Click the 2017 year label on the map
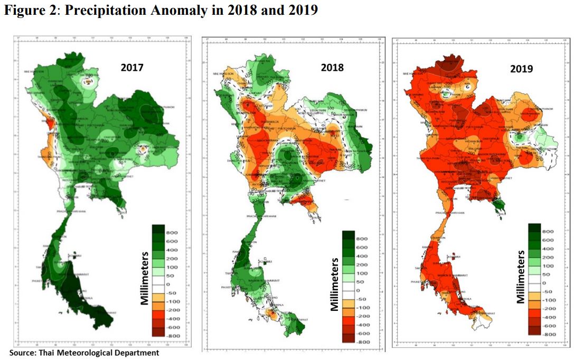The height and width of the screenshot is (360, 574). [x=131, y=68]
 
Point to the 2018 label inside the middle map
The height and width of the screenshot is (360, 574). [x=332, y=68]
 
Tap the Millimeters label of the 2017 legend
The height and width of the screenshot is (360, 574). [x=144, y=280]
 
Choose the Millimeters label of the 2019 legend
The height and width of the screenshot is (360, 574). [x=521, y=278]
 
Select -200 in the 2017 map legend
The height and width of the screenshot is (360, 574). [x=174, y=310]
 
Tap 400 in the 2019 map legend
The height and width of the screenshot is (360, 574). [x=549, y=249]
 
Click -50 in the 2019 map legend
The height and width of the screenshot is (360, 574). [x=548, y=292]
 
